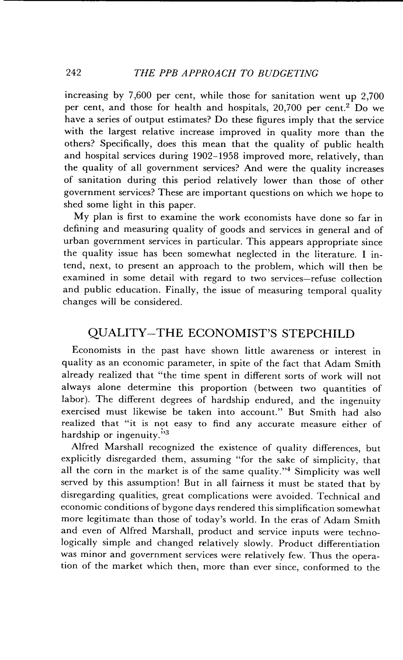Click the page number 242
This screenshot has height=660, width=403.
click(x=73, y=73)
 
